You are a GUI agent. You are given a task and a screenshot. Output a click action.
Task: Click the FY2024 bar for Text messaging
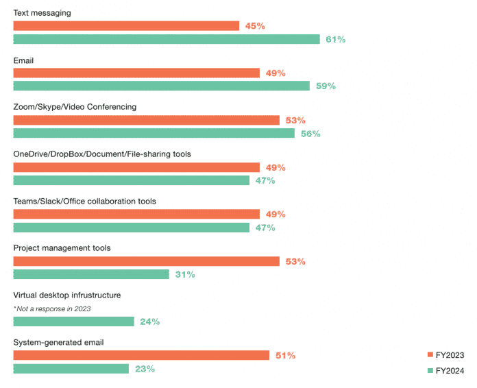[167, 39]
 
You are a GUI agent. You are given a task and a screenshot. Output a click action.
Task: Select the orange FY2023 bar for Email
[136, 73]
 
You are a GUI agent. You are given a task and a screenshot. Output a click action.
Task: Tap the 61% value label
[335, 40]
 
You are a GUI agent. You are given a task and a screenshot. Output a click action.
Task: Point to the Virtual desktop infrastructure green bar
[73, 322]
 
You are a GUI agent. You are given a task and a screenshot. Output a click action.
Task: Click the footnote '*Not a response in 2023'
[51, 308]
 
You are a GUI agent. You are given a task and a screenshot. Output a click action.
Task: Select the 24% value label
[149, 322]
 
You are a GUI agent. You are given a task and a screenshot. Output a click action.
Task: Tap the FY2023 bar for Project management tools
[147, 261]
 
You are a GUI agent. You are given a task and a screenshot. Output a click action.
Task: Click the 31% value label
[185, 274]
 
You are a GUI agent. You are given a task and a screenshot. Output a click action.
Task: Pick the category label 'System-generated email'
[58, 342]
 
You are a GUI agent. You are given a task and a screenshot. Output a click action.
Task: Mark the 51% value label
[285, 355]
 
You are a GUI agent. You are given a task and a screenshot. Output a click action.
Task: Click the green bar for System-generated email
[71, 369]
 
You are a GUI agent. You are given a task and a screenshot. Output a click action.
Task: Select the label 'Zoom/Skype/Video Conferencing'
[75, 107]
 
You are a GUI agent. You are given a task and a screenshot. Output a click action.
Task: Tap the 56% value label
[310, 134]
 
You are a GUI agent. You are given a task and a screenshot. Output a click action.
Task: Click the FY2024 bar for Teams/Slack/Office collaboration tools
[131, 228]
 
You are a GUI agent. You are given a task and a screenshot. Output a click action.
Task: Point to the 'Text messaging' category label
[42, 13]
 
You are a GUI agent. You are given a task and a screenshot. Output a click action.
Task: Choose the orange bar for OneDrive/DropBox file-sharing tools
[136, 167]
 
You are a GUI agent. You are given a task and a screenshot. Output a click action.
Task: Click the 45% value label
[255, 26]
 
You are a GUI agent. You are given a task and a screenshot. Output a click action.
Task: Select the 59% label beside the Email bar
[326, 86]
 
